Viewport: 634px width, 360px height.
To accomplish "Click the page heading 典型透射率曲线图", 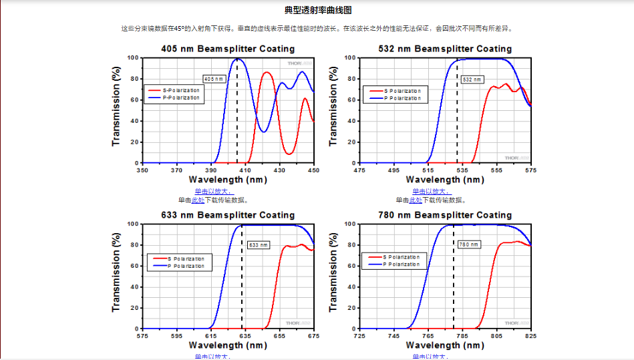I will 317,10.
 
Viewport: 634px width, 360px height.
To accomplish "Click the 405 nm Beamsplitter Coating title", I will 228,49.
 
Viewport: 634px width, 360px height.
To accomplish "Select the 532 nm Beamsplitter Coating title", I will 445,49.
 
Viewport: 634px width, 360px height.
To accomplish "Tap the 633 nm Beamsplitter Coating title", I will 228,215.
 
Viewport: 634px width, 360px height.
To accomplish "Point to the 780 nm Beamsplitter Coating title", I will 445,215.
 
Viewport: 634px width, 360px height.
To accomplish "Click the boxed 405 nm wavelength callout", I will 213,79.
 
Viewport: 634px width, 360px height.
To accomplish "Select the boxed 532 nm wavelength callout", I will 472,79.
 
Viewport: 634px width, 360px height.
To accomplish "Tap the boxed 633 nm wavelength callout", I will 258,245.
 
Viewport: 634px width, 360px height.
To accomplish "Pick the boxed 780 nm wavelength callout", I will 469,244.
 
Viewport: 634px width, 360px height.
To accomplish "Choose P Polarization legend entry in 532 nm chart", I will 402,98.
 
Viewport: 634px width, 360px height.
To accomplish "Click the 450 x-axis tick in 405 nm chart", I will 313,170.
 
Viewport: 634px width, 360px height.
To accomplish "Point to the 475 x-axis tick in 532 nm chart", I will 360,170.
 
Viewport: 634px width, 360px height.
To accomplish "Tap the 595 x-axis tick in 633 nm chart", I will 177,337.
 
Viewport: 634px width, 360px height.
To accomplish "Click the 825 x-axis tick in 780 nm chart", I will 531,337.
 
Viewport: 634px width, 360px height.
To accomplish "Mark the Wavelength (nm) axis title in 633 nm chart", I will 228,345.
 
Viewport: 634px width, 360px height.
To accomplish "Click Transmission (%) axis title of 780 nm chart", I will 333,277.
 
